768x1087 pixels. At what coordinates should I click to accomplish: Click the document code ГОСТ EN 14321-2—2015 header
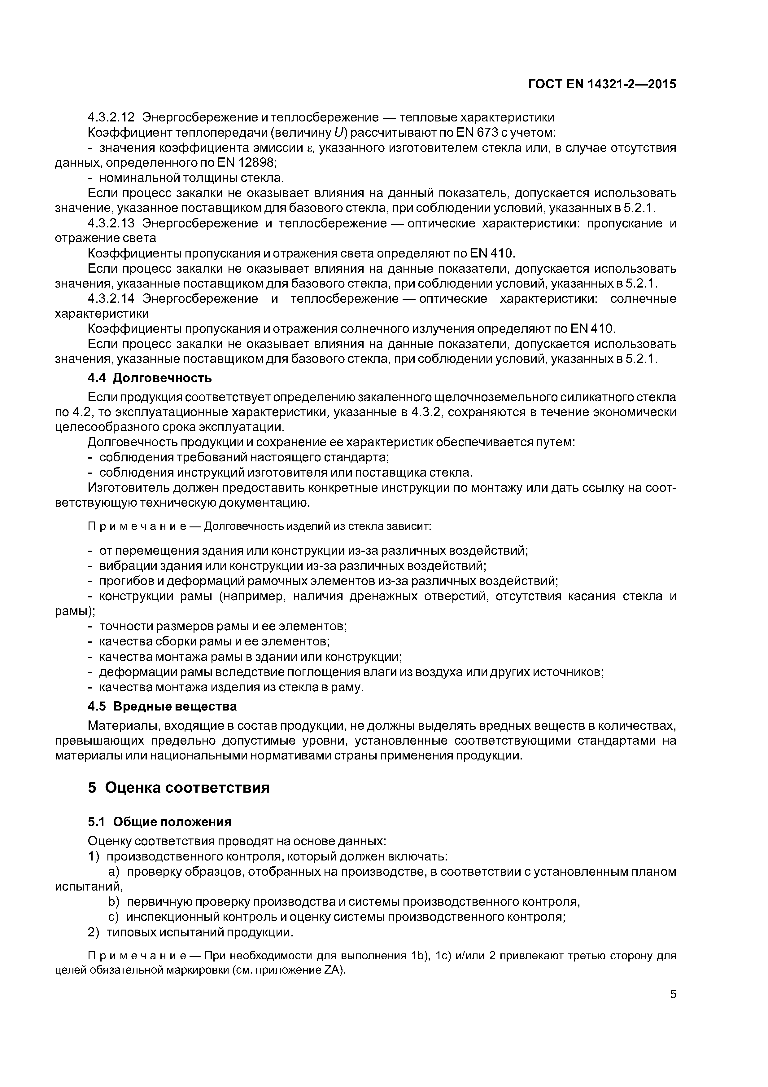[602, 84]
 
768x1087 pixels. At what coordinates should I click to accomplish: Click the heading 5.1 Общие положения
[159, 822]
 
